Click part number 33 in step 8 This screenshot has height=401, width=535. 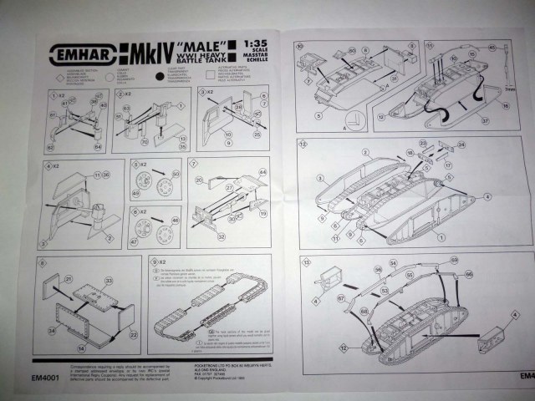[108, 281]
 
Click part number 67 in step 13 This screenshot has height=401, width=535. [341, 297]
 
